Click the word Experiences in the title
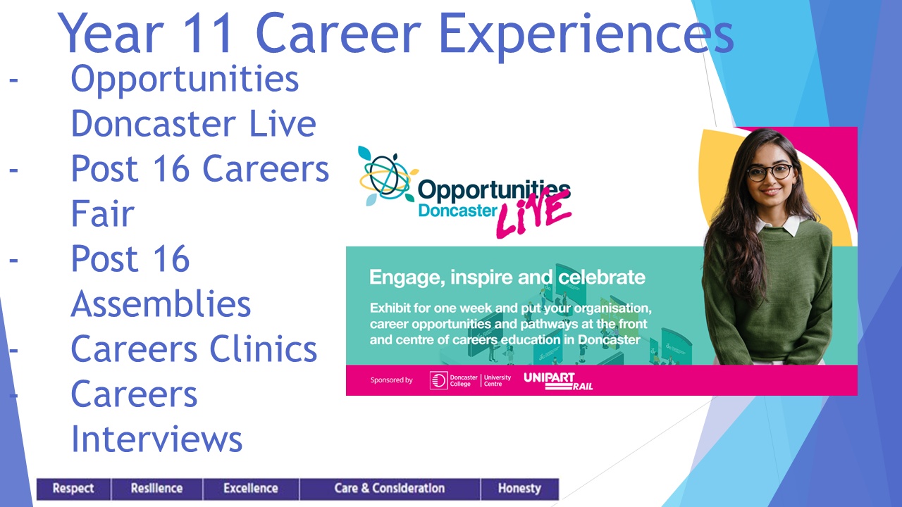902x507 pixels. click(586, 35)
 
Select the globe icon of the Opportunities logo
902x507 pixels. click(387, 176)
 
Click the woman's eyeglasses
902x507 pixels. click(770, 173)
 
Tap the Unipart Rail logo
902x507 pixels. click(558, 381)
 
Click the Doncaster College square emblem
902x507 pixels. click(438, 380)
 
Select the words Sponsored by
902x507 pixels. click(391, 380)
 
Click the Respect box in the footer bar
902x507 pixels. click(74, 489)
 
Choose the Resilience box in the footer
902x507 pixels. click(156, 489)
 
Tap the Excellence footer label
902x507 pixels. click(251, 489)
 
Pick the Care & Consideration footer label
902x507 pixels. click(390, 489)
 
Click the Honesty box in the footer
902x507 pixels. click(519, 489)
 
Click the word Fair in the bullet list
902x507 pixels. click(102, 213)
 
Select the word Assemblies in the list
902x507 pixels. click(161, 303)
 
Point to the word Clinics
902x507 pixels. click(264, 349)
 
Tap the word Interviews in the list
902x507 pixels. click(156, 439)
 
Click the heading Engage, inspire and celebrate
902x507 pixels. click(507, 277)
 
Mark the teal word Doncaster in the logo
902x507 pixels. click(458, 211)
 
